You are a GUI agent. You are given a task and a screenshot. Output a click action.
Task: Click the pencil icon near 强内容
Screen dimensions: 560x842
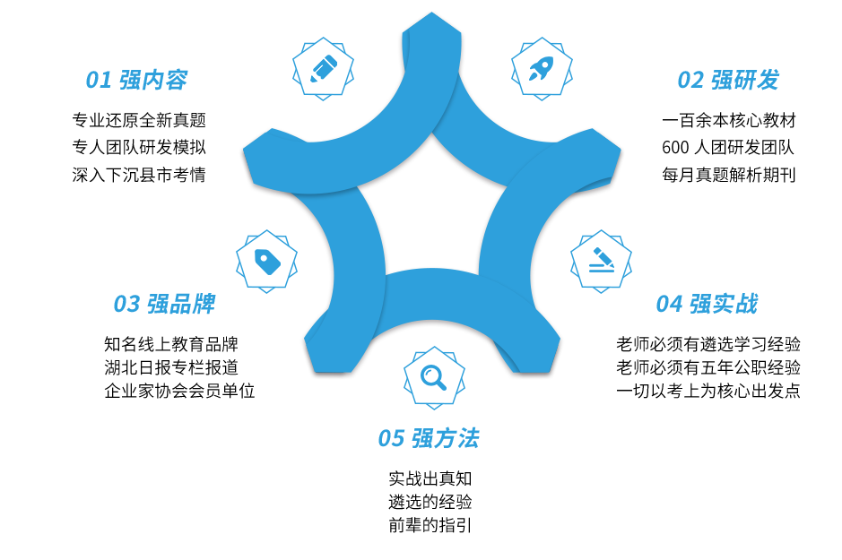(324, 69)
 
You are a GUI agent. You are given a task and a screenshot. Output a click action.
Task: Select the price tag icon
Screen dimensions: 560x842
(267, 262)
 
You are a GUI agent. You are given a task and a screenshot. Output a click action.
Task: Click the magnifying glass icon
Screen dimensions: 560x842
(433, 377)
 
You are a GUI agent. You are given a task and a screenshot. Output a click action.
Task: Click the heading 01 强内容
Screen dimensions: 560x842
(138, 81)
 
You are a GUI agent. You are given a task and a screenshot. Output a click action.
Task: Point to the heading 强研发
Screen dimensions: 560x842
(743, 81)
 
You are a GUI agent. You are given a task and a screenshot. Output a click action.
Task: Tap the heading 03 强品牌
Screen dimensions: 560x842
(160, 305)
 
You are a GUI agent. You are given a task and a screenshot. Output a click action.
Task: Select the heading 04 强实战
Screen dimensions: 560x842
(704, 305)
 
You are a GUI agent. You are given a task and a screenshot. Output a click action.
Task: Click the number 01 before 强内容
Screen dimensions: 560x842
(100, 81)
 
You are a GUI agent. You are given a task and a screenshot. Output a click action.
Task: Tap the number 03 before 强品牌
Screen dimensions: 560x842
(129, 305)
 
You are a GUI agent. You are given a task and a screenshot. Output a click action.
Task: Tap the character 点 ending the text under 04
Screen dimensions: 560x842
(793, 391)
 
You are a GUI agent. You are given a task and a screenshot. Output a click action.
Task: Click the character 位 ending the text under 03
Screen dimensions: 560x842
(247, 391)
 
